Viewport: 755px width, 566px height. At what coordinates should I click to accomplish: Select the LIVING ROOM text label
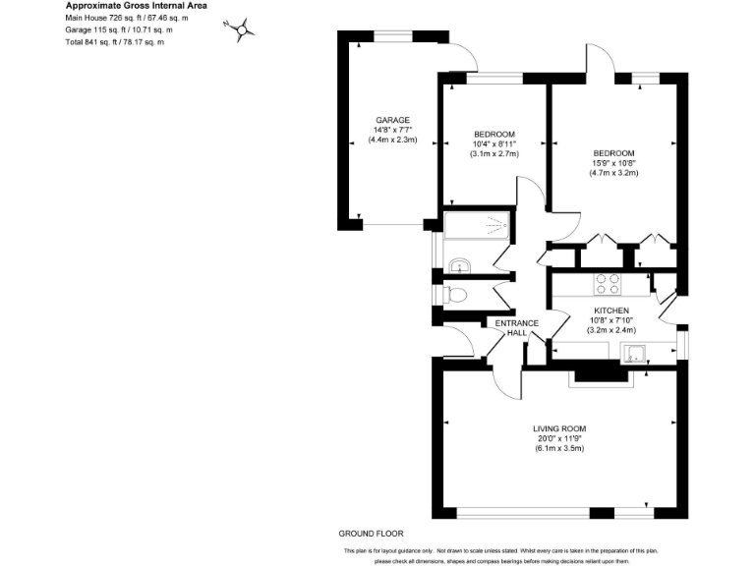tap(559, 428)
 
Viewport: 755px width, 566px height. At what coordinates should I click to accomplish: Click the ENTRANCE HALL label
tap(516, 328)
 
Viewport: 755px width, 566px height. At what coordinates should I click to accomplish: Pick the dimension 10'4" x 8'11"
tap(494, 143)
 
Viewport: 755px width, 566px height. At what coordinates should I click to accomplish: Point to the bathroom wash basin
tap(459, 264)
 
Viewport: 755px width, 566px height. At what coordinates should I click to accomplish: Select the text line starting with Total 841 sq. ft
tap(115, 42)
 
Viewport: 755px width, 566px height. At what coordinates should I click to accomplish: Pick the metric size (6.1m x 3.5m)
tap(559, 449)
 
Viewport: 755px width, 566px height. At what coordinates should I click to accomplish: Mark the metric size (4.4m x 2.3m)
tap(391, 140)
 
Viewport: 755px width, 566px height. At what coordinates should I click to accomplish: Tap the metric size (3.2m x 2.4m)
tap(610, 330)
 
